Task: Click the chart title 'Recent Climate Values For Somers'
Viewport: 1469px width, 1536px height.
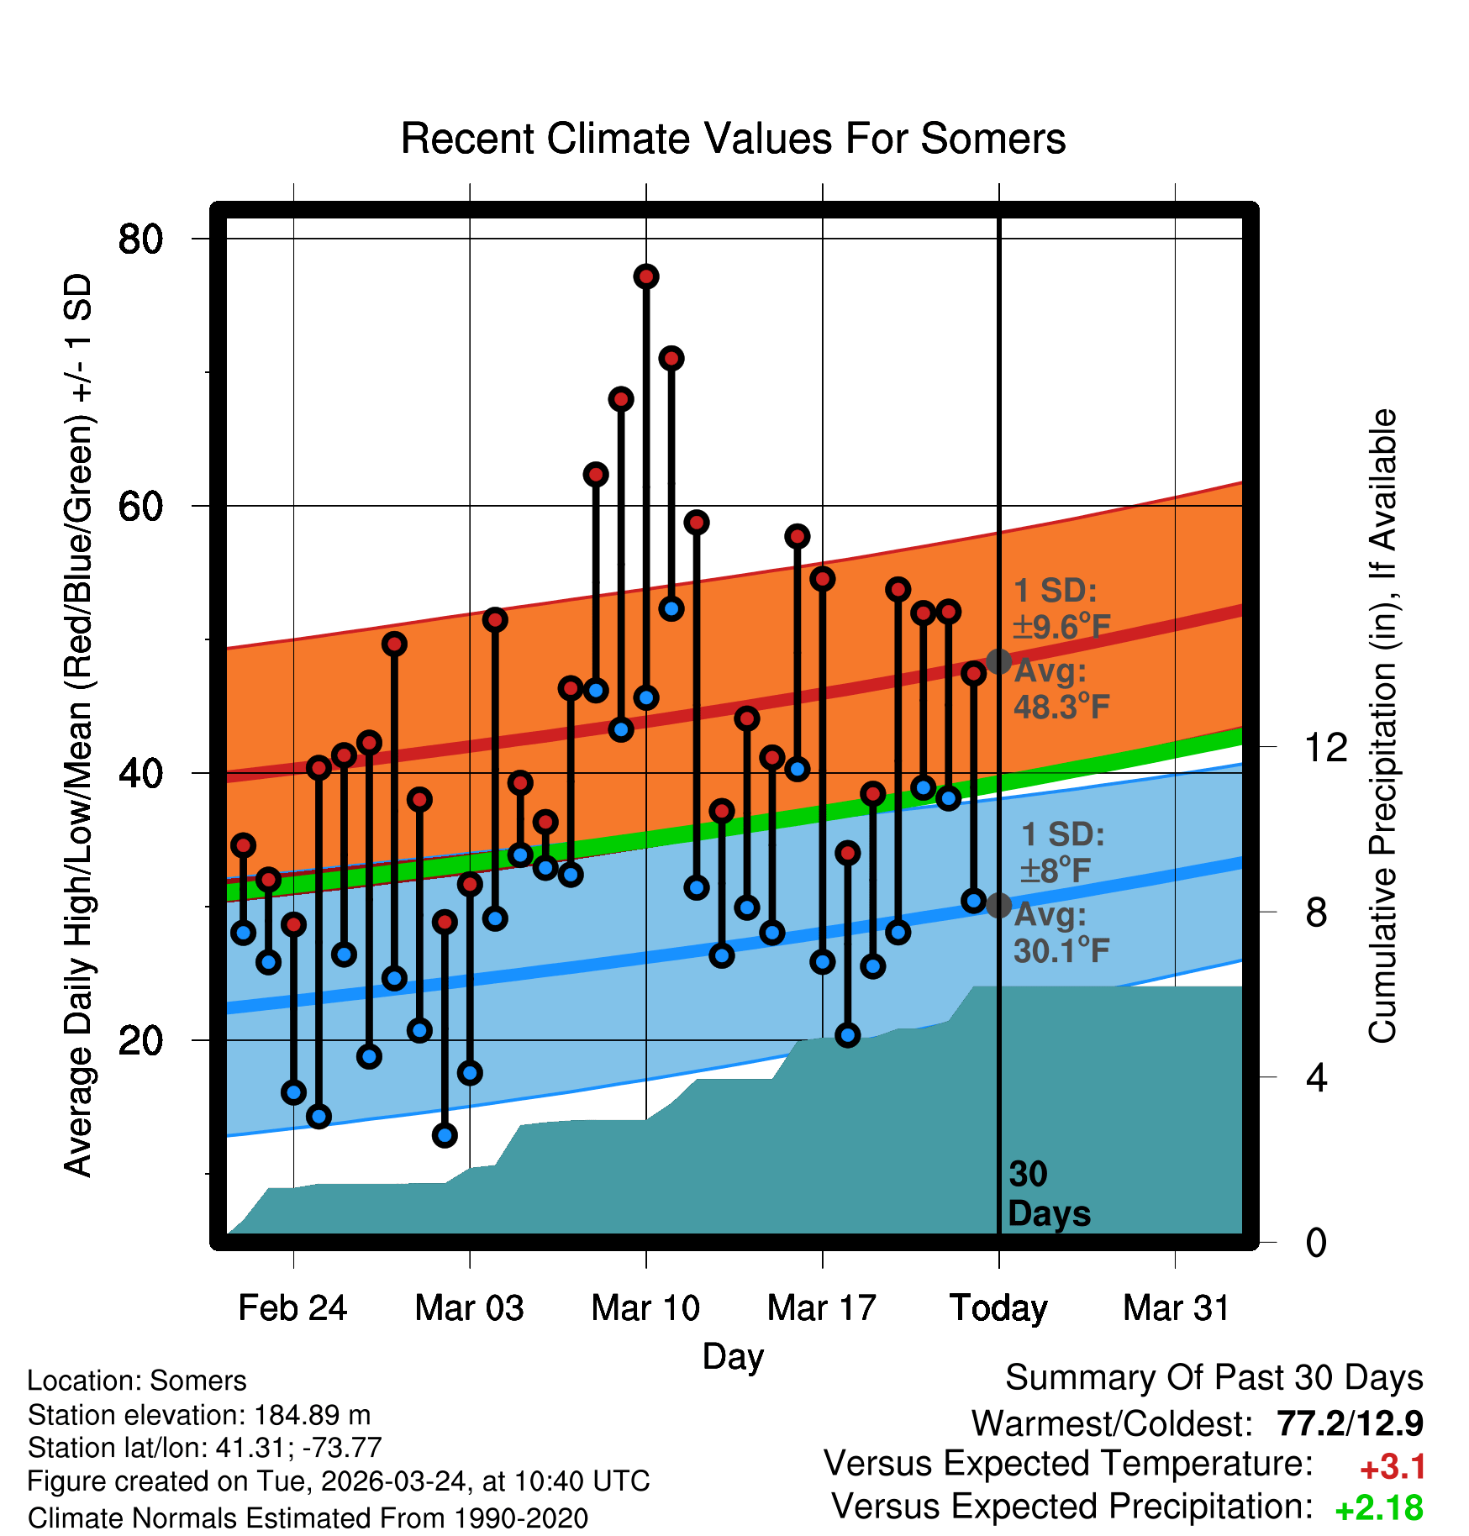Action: coord(733,139)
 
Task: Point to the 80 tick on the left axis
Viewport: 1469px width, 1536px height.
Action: coord(140,239)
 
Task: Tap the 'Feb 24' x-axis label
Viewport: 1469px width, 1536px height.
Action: coord(292,1308)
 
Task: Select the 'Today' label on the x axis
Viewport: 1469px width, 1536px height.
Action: coord(998,1308)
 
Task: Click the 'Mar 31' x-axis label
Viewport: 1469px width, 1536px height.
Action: coord(1176,1308)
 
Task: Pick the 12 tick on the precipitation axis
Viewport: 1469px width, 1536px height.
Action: coord(1325,747)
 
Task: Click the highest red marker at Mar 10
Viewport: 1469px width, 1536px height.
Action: coord(646,276)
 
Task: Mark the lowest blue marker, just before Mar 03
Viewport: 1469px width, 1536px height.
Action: coord(445,1135)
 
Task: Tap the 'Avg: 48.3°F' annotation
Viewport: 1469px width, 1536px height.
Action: coord(1061,689)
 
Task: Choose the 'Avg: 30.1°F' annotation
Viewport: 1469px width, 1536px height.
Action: coord(1061,933)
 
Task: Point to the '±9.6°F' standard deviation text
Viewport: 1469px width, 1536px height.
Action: coord(1063,626)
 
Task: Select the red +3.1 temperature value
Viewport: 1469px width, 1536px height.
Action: coord(1393,1467)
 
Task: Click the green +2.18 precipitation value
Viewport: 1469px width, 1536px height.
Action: coord(1379,1508)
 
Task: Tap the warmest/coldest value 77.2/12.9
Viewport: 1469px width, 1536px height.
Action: coord(1350,1423)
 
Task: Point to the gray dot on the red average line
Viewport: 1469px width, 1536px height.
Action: coord(998,661)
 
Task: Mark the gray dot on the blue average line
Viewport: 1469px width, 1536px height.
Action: coord(998,905)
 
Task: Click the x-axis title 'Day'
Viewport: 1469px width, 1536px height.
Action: coord(733,1356)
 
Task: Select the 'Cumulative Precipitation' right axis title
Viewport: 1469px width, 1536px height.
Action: coord(1382,726)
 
